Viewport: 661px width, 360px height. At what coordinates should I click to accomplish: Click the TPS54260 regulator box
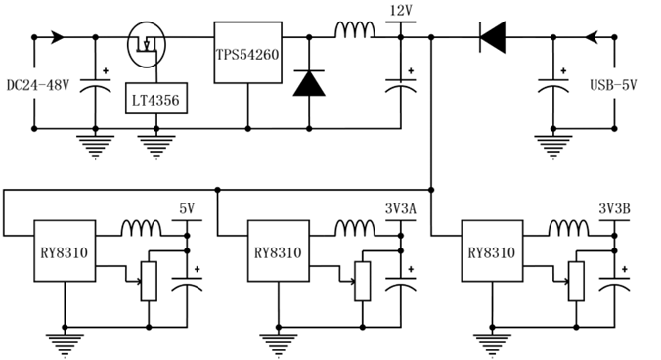pyautogui.click(x=248, y=53)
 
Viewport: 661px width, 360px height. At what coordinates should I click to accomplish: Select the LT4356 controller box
pyautogui.click(x=156, y=98)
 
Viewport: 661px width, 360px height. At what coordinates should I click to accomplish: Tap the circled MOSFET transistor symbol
pyautogui.click(x=147, y=44)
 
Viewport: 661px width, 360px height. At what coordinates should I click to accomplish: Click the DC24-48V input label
pyautogui.click(x=38, y=85)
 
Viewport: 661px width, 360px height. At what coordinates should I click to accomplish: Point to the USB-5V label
pyautogui.click(x=613, y=85)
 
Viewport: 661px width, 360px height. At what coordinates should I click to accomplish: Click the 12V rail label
pyautogui.click(x=401, y=10)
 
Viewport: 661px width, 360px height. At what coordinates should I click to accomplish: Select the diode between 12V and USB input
pyautogui.click(x=493, y=37)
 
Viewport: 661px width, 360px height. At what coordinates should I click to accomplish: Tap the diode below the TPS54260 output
pyautogui.click(x=309, y=83)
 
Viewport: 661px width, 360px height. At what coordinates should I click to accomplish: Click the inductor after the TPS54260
pyautogui.click(x=355, y=30)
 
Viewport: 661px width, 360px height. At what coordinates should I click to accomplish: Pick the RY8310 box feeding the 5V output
pyautogui.click(x=65, y=250)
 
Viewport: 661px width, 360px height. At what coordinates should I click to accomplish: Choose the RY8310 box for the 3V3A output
pyautogui.click(x=279, y=250)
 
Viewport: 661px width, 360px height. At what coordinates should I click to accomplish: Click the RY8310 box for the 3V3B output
pyautogui.click(x=492, y=250)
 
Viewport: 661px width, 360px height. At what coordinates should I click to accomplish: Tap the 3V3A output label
pyautogui.click(x=401, y=208)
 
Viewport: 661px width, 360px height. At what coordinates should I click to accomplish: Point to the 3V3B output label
pyautogui.click(x=614, y=208)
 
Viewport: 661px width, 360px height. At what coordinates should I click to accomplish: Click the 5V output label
pyautogui.click(x=187, y=208)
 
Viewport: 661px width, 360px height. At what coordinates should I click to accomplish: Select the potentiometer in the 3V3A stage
pyautogui.click(x=362, y=281)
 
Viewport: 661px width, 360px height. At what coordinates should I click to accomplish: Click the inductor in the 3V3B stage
pyautogui.click(x=568, y=228)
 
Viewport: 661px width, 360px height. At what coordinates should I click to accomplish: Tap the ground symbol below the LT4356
pyautogui.click(x=156, y=147)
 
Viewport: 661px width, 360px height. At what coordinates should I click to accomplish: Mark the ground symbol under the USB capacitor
pyautogui.click(x=553, y=147)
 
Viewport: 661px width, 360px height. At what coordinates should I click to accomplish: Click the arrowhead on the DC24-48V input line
pyautogui.click(x=58, y=37)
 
